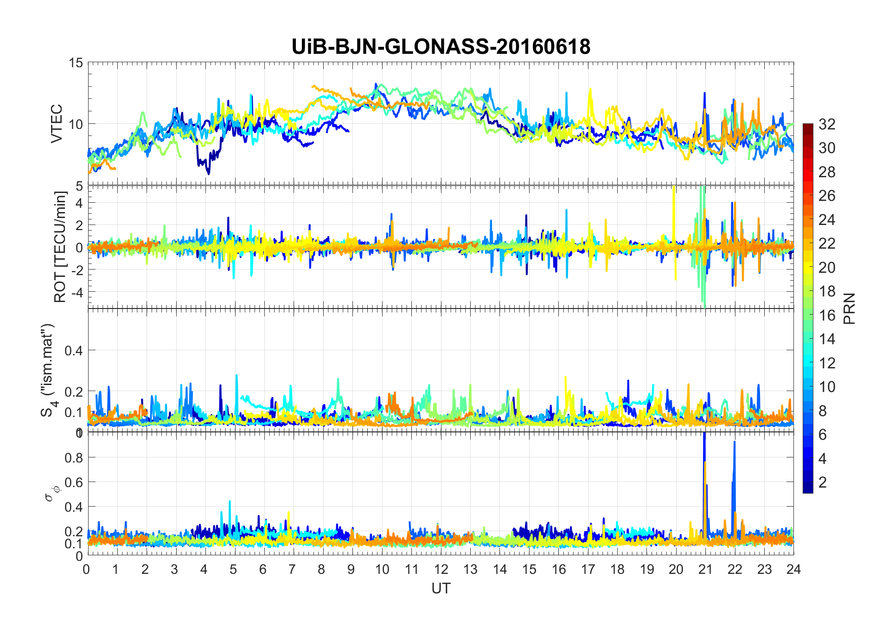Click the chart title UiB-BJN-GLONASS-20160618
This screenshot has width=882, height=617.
[x=441, y=46]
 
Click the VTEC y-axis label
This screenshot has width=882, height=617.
[x=57, y=123]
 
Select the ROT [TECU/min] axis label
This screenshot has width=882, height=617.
[x=60, y=247]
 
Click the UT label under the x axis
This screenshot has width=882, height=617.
[x=441, y=589]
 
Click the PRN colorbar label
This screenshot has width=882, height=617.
[x=849, y=308]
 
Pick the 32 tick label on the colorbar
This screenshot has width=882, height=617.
[x=827, y=124]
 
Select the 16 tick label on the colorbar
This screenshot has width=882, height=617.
[x=827, y=315]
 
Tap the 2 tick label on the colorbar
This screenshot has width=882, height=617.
[x=823, y=482]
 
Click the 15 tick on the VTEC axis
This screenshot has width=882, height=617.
[x=76, y=63]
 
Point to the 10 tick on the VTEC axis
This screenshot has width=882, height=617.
[x=76, y=124]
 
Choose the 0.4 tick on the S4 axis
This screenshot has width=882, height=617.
[x=73, y=350]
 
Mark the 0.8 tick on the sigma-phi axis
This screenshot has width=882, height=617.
[x=73, y=457]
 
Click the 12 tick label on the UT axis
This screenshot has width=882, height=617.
[x=441, y=569]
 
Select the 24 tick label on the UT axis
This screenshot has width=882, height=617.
[x=793, y=569]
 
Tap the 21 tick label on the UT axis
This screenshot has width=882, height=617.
[x=705, y=569]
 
